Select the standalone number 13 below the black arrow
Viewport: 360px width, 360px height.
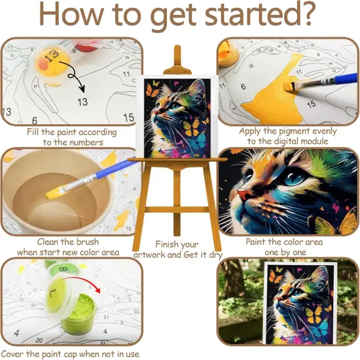point(82,102)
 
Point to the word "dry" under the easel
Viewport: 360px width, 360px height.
point(209,255)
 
